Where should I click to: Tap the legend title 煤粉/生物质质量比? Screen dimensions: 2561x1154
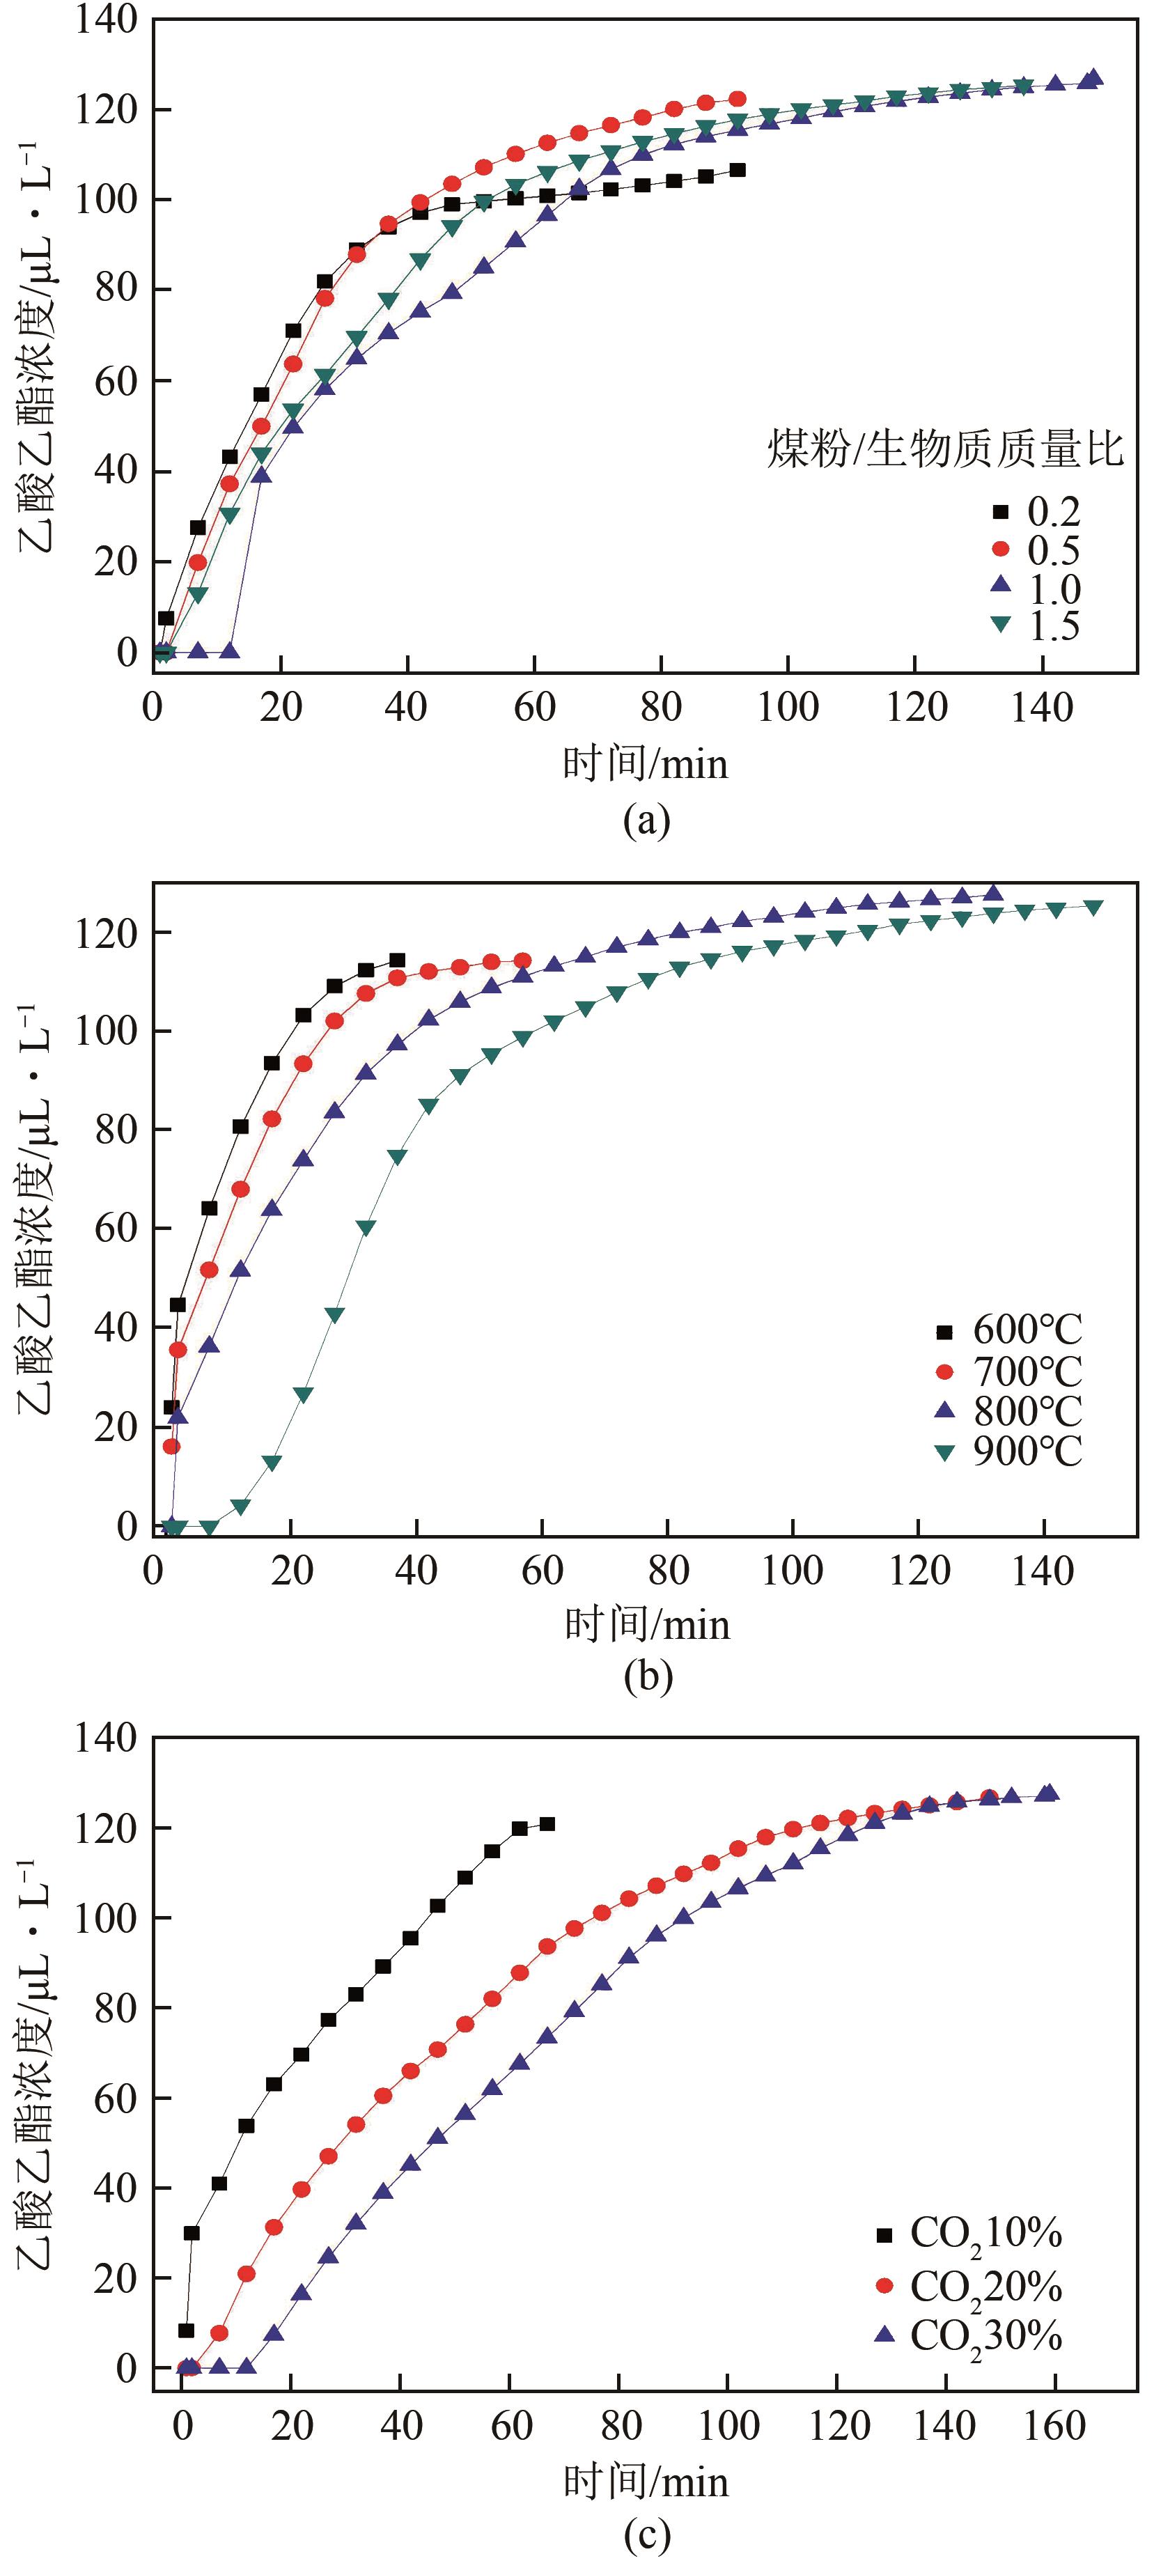click(944, 449)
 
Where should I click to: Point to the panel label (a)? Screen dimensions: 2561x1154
click(646, 821)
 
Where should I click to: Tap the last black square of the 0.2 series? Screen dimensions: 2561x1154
click(738, 170)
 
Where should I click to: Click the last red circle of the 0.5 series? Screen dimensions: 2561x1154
click(738, 98)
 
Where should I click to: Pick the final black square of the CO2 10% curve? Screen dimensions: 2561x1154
click(547, 1824)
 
